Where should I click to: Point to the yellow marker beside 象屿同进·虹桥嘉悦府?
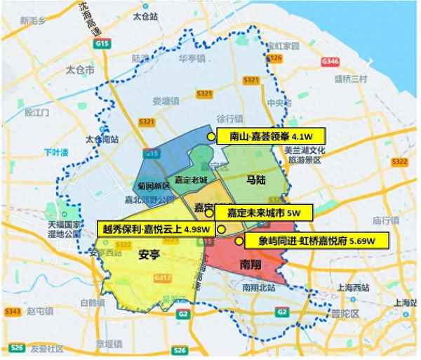point(239,241)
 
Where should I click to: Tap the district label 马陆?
point(255,181)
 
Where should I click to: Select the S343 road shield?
point(12,310)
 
